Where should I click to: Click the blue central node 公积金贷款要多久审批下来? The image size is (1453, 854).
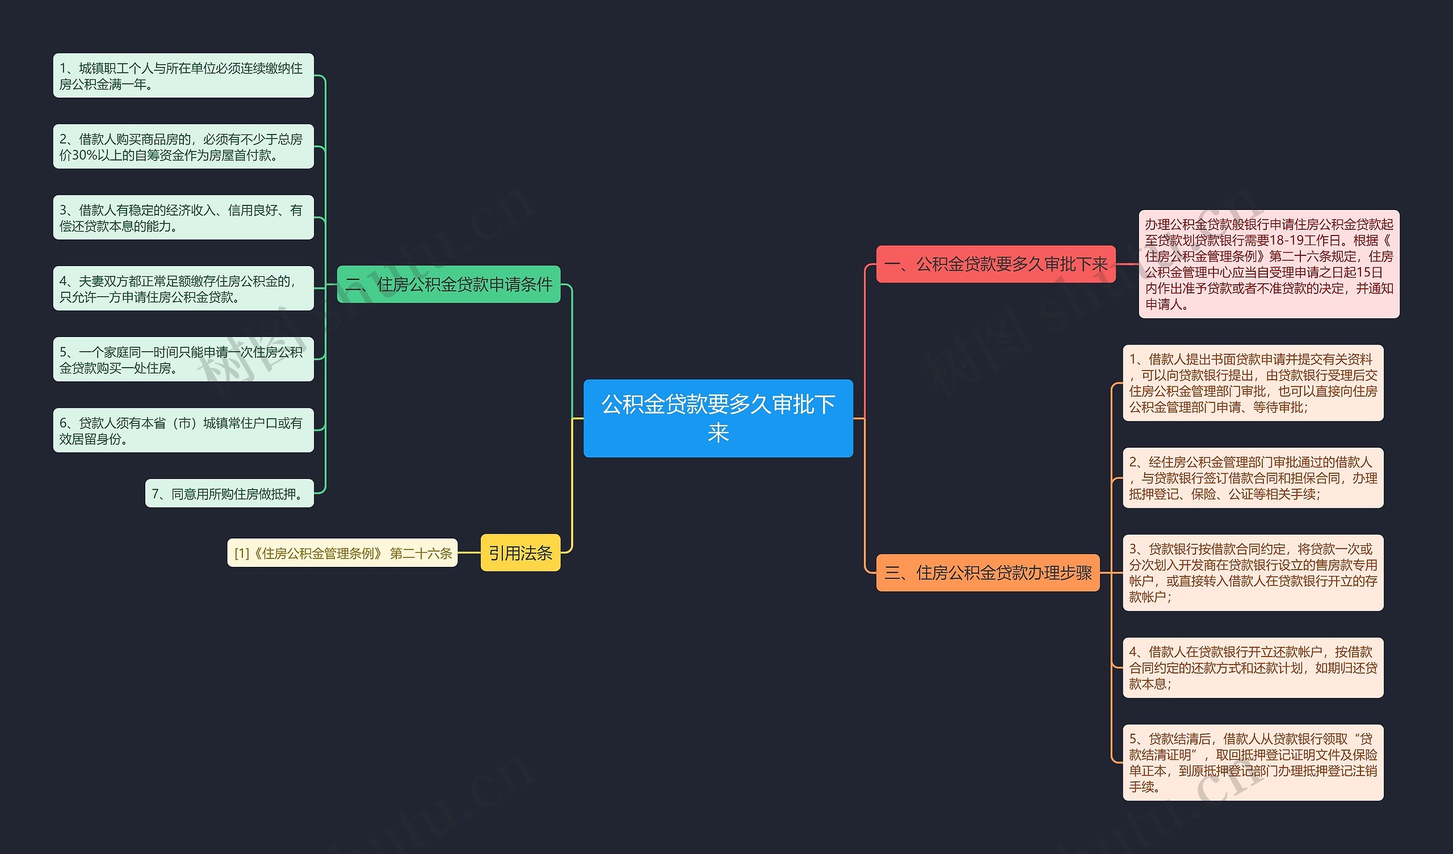coord(718,418)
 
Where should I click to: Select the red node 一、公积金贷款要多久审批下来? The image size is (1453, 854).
coord(996,264)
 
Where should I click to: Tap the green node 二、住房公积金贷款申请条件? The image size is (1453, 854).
coord(448,284)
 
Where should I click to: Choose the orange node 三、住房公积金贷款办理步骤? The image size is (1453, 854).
coord(988,573)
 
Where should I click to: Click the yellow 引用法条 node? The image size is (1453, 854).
coord(520,553)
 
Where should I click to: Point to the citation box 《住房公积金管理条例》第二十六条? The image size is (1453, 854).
coord(342,553)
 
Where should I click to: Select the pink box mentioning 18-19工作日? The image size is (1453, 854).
coord(1269,264)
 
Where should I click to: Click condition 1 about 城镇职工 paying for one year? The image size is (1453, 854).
coord(183,75)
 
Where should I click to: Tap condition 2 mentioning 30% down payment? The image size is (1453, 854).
coord(183,146)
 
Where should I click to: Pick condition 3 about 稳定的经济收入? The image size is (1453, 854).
coord(183,217)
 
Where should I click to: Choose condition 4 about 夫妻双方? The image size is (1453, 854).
coord(183,288)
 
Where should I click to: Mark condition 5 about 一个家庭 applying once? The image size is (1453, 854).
coord(183,359)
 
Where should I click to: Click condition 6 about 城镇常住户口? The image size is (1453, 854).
coord(183,430)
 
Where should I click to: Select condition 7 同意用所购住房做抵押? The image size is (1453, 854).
coord(229,494)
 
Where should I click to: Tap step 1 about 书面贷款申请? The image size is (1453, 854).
coord(1252,383)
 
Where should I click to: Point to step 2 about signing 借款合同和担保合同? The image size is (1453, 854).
coord(1252,478)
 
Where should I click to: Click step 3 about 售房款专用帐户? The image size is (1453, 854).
coord(1252,573)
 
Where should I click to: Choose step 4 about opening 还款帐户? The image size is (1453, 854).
coord(1252,668)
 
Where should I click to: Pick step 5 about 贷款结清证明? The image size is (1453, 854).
coord(1252,762)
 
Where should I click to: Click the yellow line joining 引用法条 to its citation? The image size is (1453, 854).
coord(469,553)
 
